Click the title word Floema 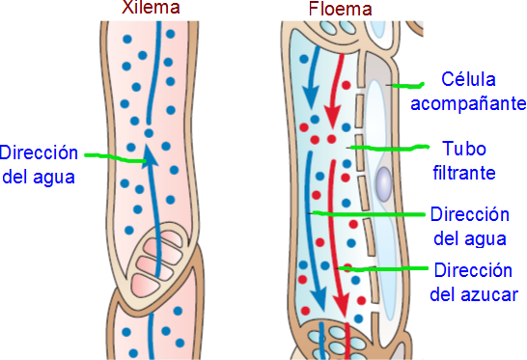point(341,10)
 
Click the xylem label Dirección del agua point(39,165)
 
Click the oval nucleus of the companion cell point(384,181)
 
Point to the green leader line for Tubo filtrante point(389,148)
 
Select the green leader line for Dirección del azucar point(387,267)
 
